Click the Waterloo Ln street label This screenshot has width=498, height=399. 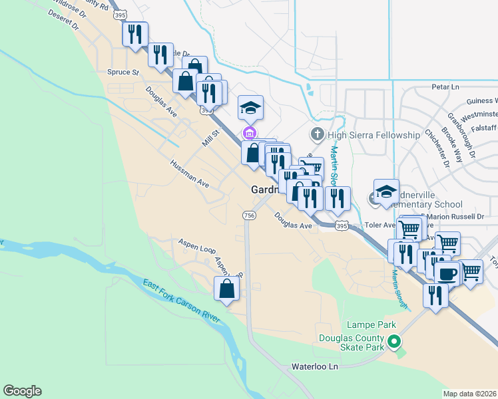tap(316, 366)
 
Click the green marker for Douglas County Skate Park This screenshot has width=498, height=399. tap(394, 342)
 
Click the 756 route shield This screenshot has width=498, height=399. tap(249, 215)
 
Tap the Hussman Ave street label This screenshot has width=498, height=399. tap(190, 173)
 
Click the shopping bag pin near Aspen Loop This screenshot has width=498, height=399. tap(226, 289)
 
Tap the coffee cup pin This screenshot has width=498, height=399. tap(447, 273)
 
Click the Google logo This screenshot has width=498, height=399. tap(22, 391)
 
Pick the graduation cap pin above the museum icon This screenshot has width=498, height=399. tap(251, 107)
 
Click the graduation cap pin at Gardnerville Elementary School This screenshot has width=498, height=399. tap(386, 192)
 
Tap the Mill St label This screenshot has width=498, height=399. tap(211, 139)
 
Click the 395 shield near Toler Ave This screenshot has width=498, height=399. tap(342, 226)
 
